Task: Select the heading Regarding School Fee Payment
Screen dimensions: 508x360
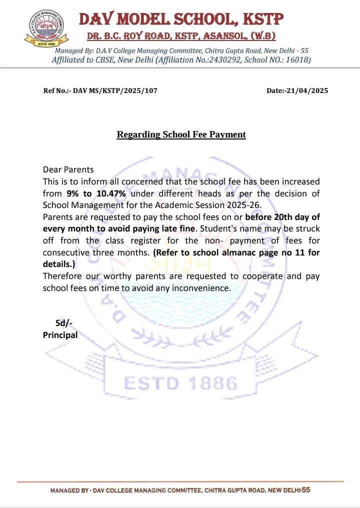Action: [181, 134]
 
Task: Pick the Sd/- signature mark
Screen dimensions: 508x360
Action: [63, 323]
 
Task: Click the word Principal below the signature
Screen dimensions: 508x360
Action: [60, 335]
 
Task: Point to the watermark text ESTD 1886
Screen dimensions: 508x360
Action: [180, 384]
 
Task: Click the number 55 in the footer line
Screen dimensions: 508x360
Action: [305, 490]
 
